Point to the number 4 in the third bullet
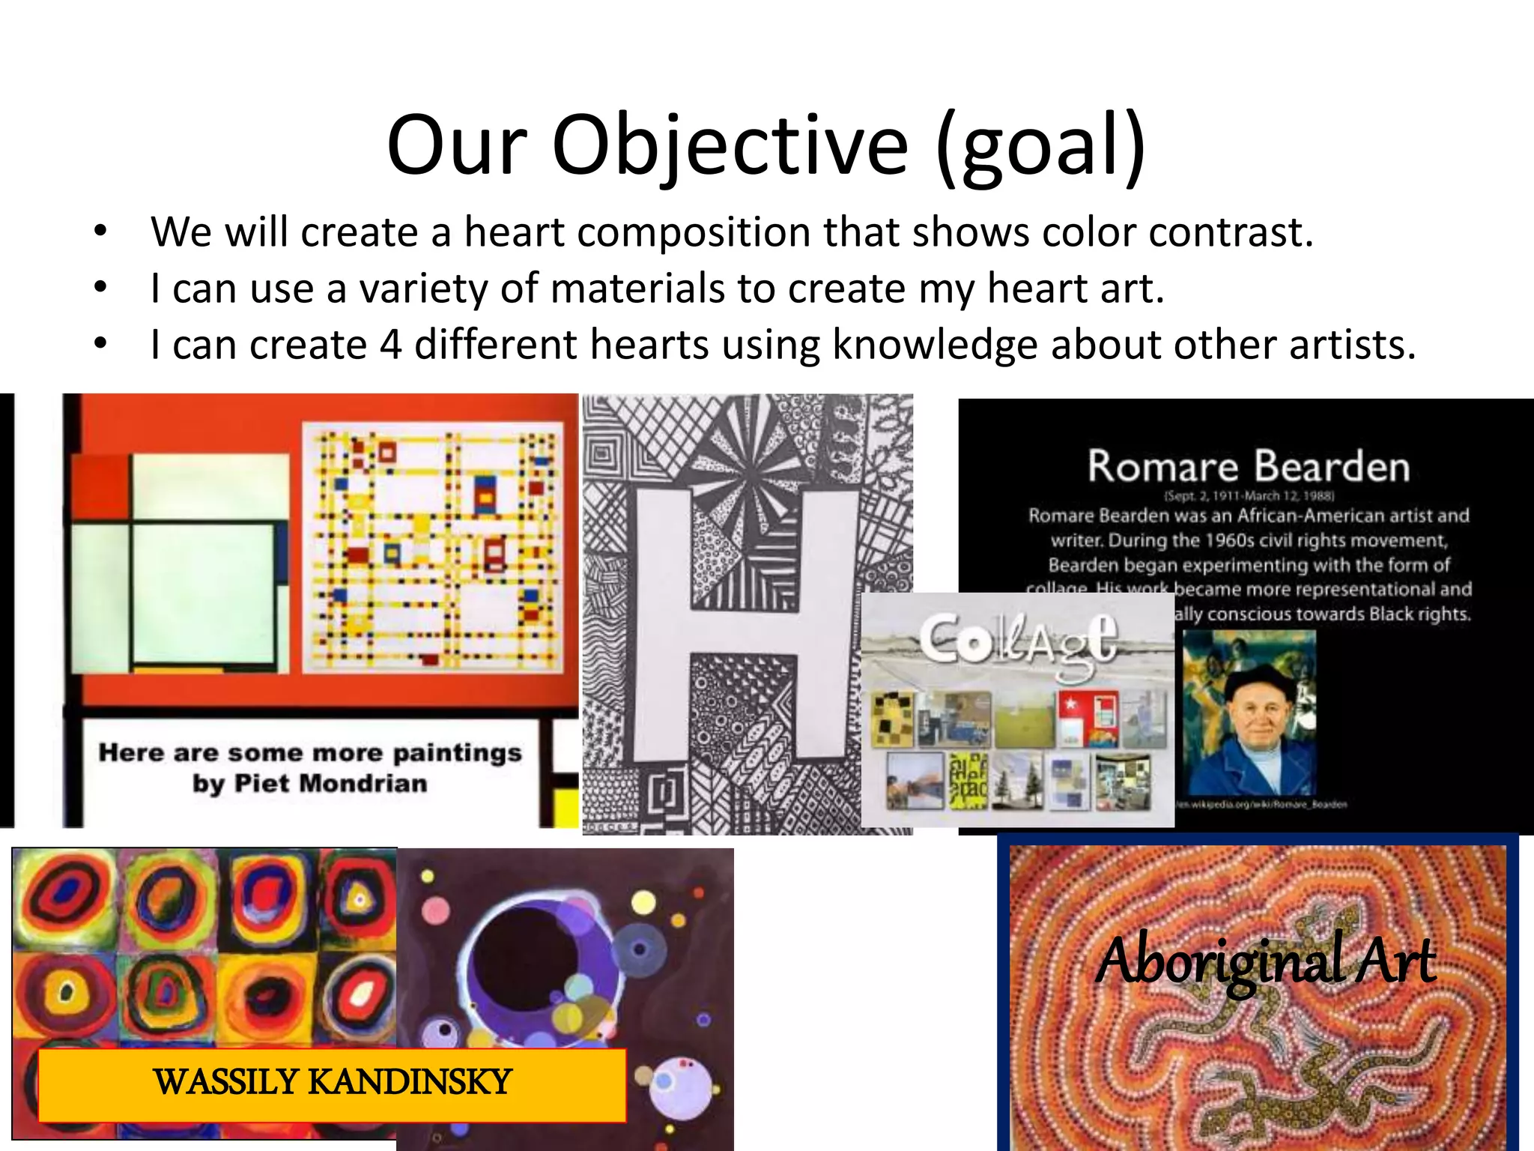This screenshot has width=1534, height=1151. [x=390, y=345]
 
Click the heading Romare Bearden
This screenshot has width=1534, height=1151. [x=1249, y=466]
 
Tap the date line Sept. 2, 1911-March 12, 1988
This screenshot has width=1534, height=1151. [x=1249, y=495]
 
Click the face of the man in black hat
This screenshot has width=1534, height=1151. [x=1260, y=719]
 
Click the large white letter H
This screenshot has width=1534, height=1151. [x=745, y=622]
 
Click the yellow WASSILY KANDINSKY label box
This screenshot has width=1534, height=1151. [x=332, y=1084]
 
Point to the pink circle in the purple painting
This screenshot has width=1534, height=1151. [x=436, y=911]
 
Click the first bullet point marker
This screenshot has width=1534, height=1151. [x=101, y=232]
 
